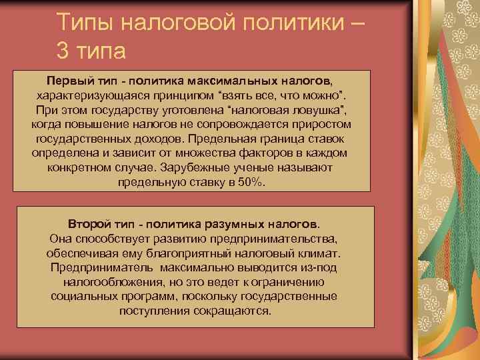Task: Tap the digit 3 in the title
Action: (x=63, y=50)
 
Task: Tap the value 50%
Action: (x=251, y=182)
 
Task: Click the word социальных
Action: (x=79, y=296)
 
